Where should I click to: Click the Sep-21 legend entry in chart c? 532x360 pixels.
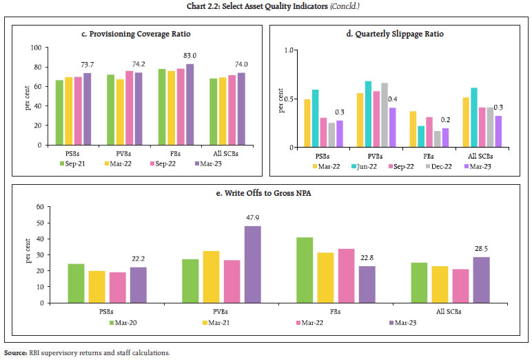click(x=72, y=164)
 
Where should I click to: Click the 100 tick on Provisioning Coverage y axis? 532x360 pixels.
click(x=34, y=48)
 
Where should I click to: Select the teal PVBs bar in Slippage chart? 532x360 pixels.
click(x=369, y=114)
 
